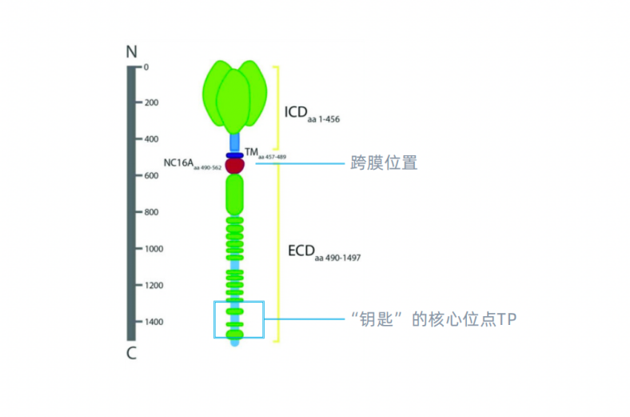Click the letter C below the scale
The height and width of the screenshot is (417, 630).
tap(132, 353)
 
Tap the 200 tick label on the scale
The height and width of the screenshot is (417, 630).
tap(150, 102)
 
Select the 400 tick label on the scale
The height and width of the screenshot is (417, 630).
tap(150, 139)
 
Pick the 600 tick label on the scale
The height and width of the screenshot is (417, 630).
tap(150, 176)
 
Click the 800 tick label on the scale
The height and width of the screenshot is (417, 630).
tap(150, 212)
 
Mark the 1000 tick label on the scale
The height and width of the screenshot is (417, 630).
tap(153, 249)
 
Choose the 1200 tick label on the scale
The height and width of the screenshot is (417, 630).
tap(153, 286)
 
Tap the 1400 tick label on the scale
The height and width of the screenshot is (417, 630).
tap(153, 322)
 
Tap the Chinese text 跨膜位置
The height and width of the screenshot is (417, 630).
tap(384, 163)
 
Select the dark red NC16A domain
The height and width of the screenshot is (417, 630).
tap(234, 166)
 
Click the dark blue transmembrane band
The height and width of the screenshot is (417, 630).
tap(234, 155)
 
